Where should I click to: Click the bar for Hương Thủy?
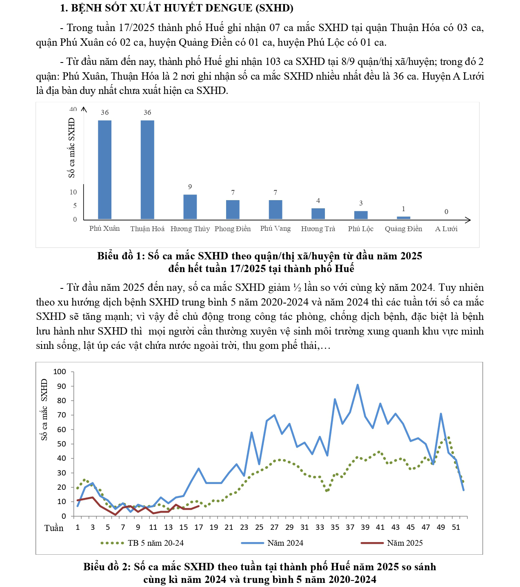tap(190, 207)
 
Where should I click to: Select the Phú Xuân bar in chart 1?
tap(104, 170)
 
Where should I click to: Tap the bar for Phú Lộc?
tap(361, 215)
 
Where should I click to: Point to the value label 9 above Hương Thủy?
tap(190, 187)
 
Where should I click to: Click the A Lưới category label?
tap(446, 229)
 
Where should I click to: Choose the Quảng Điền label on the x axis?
tap(403, 229)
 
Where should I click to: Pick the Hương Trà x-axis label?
tap(318, 229)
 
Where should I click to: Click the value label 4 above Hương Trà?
tap(318, 201)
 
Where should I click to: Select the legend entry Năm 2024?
tap(285, 543)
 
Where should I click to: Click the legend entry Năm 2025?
tap(404, 543)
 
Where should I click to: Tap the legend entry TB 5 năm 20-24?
tap(156, 543)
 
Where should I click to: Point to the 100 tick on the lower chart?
tap(60, 372)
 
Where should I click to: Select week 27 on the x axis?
tap(274, 527)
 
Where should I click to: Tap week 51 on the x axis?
tap(456, 527)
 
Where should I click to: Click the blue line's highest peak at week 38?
tap(358, 385)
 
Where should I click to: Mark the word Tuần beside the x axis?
tap(54, 528)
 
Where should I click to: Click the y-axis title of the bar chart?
tap(72, 148)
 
